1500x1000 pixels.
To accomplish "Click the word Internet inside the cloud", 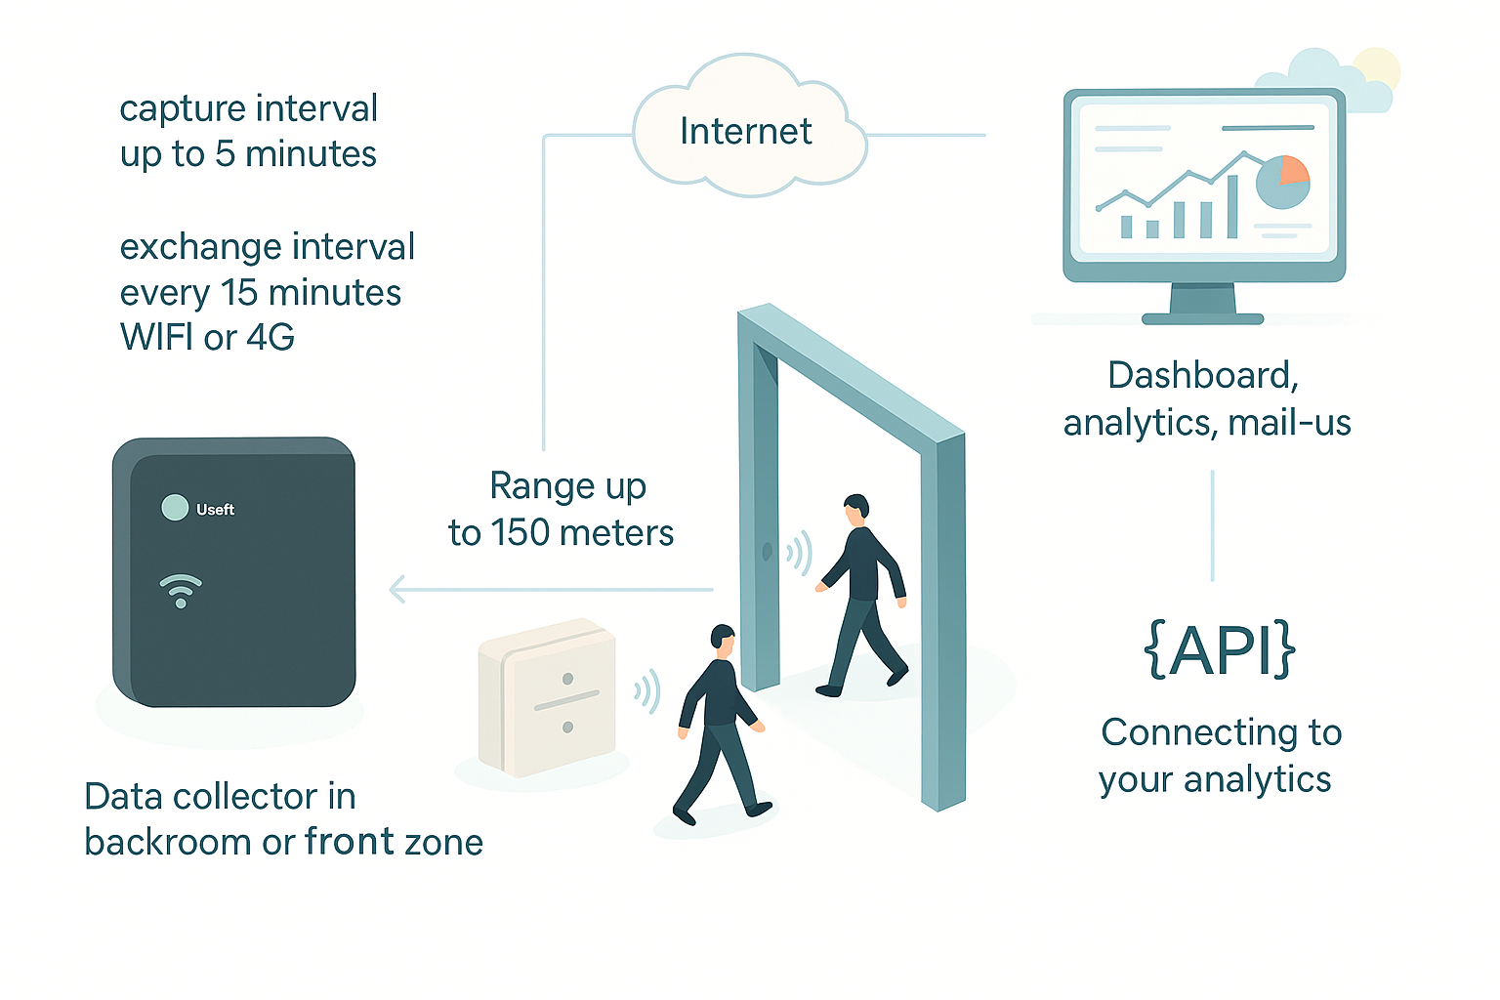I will point(745,131).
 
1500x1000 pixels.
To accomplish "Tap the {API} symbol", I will point(1219,649).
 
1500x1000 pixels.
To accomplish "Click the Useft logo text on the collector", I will point(215,510).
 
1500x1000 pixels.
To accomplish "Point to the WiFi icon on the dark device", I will point(181,591).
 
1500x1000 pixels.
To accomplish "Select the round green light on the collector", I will point(175,508).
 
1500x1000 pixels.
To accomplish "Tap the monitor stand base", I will point(1202,318).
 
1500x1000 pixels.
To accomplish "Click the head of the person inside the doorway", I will point(855,507).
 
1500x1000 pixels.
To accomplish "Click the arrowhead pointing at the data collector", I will point(397,590).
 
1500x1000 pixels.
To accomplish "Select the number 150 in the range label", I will point(521,533).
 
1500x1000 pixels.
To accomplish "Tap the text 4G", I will point(270,338).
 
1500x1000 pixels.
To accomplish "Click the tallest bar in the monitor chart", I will point(1232,207).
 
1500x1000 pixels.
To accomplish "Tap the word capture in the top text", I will point(168,108).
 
